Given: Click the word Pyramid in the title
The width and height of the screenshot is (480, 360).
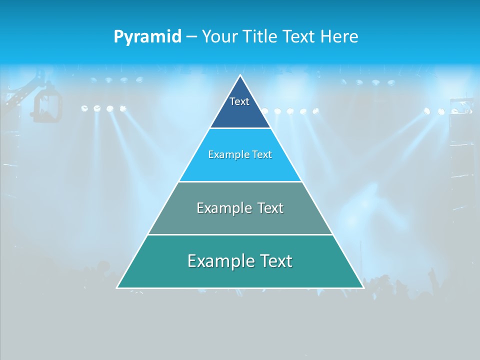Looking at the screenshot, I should pyautogui.click(x=147, y=37).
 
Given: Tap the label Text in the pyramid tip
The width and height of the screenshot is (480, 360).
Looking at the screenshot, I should pyautogui.click(x=239, y=101).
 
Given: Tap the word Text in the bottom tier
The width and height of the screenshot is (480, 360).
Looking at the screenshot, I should pyautogui.click(x=274, y=261).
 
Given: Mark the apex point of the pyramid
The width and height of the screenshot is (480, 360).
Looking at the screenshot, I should pyautogui.click(x=240, y=75).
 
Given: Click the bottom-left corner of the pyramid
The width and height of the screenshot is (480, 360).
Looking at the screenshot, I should pyautogui.click(x=117, y=287).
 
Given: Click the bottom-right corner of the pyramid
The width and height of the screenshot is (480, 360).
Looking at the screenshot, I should pyautogui.click(x=363, y=287).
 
